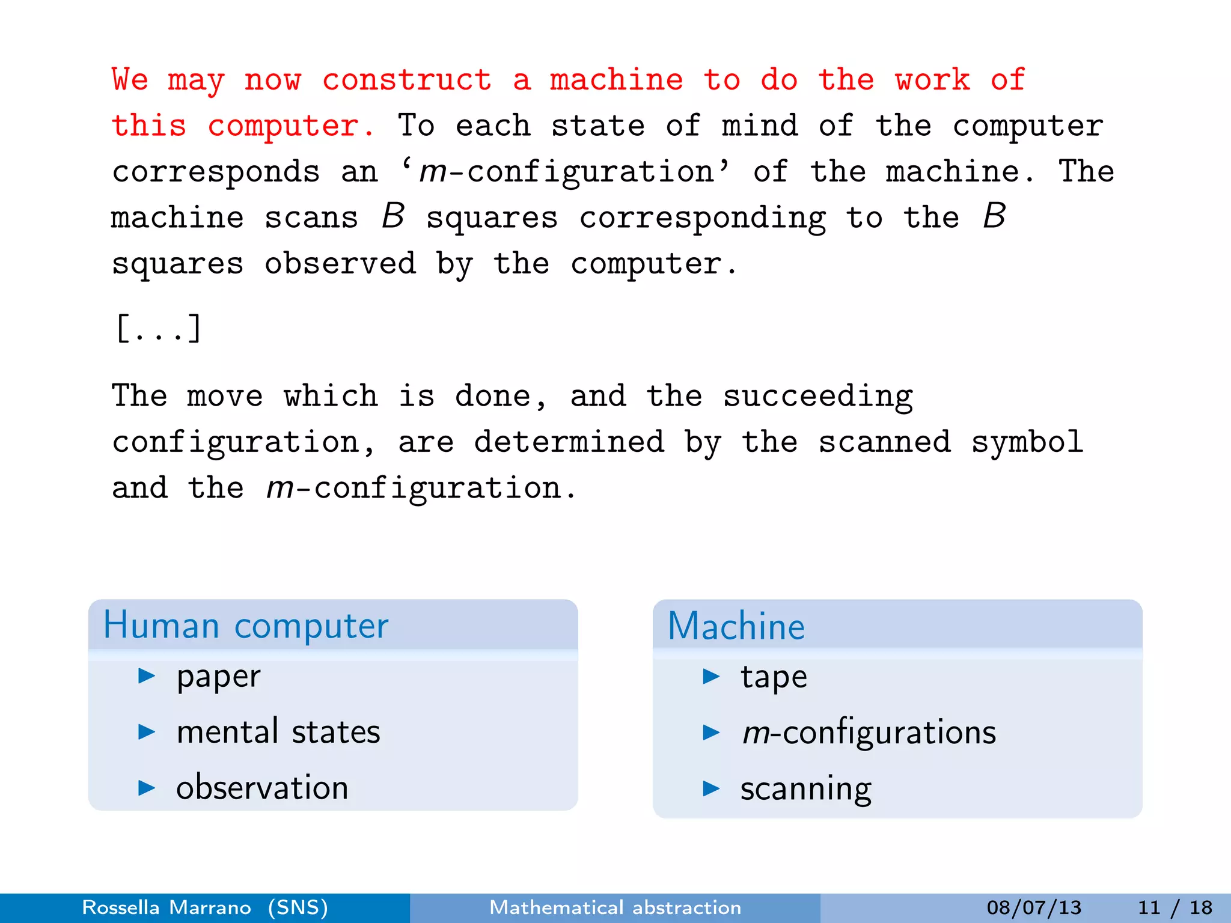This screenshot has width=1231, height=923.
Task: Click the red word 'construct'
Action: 407,81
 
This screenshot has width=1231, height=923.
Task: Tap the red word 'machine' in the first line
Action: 617,81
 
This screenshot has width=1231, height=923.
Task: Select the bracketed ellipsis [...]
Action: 159,329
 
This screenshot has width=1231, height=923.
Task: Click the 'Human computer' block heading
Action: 246,626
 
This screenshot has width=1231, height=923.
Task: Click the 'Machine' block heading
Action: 736,626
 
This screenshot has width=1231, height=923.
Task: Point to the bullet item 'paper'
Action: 218,677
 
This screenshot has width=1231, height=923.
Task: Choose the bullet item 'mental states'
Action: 278,732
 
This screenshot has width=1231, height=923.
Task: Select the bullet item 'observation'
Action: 262,788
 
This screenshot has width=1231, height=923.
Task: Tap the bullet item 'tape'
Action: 774,677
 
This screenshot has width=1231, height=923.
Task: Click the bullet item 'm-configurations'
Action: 869,733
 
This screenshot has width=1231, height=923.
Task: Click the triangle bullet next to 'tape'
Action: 711,677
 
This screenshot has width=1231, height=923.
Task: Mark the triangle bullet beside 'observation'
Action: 147,788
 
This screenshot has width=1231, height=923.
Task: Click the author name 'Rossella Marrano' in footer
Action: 166,907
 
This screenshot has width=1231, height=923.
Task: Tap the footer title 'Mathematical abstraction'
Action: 615,907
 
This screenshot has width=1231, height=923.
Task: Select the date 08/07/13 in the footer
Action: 1034,907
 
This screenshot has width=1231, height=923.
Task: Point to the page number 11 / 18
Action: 1175,907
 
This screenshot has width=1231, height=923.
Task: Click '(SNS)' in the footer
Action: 298,907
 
